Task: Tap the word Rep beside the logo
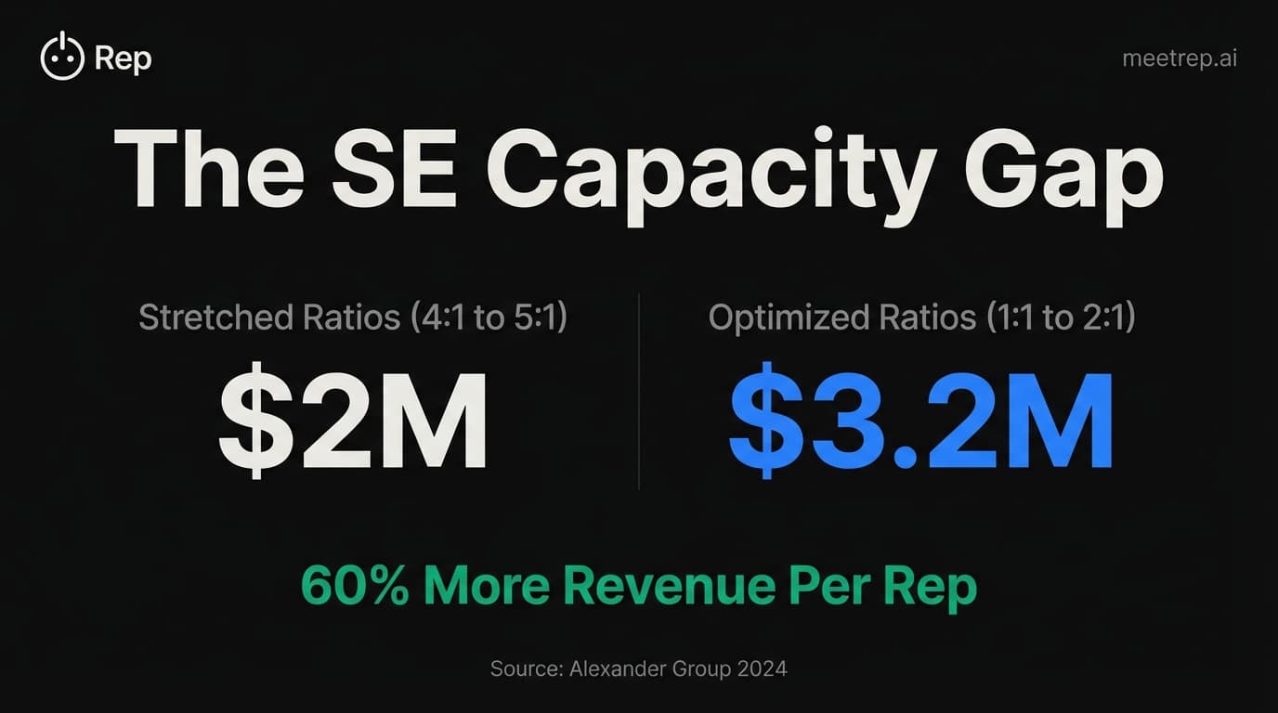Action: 124,59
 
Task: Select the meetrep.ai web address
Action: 1179,58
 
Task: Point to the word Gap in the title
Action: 1063,174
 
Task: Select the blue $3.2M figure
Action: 920,422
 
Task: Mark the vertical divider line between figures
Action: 639,390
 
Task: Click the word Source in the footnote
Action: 523,668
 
